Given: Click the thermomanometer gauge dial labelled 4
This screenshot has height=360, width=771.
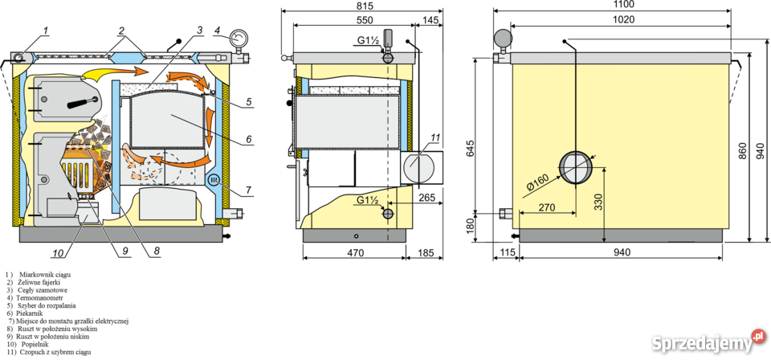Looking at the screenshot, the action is click(239, 39).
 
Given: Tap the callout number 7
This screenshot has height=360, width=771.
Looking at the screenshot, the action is click(249, 190).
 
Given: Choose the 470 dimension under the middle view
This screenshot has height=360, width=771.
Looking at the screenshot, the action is click(355, 253).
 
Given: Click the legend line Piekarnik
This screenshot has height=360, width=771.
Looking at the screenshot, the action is click(30, 313).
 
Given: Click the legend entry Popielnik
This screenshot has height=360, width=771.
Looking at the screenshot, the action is click(29, 345).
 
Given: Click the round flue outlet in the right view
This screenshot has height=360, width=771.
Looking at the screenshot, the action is click(573, 167).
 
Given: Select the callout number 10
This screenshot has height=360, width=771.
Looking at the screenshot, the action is click(59, 254).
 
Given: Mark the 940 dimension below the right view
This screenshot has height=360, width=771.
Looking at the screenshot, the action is click(622, 252).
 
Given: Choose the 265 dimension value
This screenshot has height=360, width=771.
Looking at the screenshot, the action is click(427, 197).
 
